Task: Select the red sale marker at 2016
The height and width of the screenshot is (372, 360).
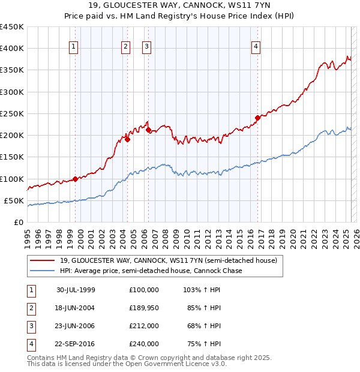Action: click(x=257, y=118)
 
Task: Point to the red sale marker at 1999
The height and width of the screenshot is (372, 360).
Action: click(x=75, y=178)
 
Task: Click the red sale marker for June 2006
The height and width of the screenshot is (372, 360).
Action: click(x=148, y=130)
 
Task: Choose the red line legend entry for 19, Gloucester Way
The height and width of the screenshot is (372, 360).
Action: click(x=168, y=261)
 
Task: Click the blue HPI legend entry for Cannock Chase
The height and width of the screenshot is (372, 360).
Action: click(x=151, y=271)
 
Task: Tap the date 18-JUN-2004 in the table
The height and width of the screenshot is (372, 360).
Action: click(x=76, y=308)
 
